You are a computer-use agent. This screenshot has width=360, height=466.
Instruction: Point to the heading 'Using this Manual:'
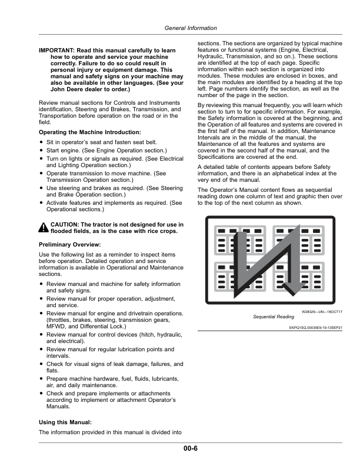(65, 422)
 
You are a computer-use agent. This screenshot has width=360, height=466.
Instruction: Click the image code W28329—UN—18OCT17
(322, 311)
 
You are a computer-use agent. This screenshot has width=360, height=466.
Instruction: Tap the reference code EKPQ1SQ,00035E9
(316, 328)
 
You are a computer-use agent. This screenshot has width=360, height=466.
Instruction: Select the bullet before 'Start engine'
(42, 150)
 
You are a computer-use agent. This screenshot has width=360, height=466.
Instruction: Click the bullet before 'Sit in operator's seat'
(42, 142)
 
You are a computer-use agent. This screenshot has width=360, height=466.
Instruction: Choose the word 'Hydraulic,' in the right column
(214, 58)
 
